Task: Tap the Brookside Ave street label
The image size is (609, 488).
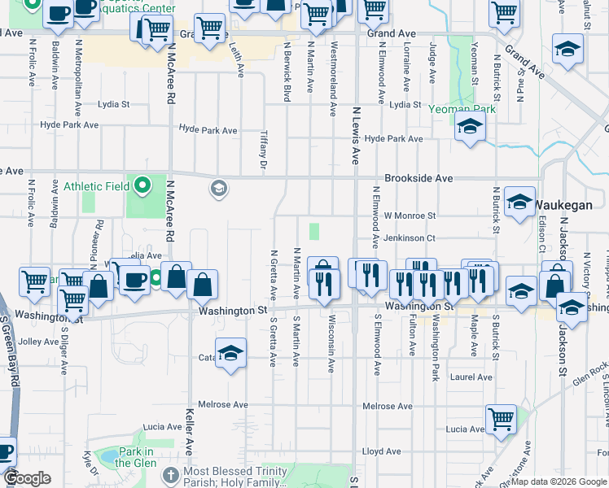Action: (418, 178)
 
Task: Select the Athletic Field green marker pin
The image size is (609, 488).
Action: (143, 186)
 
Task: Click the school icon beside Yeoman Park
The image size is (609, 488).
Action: (470, 127)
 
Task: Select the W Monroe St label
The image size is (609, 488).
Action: (410, 216)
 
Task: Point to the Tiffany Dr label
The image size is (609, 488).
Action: (263, 151)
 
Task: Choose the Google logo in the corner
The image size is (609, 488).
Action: (28, 479)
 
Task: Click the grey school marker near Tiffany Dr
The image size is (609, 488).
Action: (217, 189)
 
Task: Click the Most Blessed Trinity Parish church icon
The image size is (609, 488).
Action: (170, 474)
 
